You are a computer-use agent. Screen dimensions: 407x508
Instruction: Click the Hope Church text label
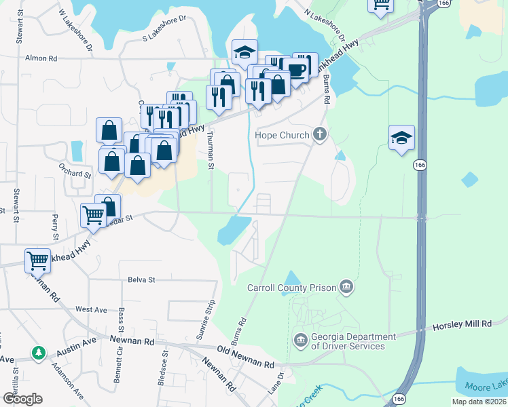tap(282, 135)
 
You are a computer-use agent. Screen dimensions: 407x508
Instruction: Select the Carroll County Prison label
tap(292, 288)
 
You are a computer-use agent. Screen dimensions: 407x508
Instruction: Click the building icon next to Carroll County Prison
tap(346, 288)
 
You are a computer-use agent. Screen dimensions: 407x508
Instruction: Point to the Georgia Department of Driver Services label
tap(353, 341)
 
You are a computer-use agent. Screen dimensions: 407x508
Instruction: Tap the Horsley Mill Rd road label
tap(462, 326)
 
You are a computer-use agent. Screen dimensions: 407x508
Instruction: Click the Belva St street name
tap(141, 279)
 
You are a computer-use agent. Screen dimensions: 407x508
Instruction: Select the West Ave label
tap(91, 309)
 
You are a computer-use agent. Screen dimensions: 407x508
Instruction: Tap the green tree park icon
tap(39, 353)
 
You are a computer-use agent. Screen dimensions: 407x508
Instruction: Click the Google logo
tap(22, 399)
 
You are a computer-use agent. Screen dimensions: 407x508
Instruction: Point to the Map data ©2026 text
tap(478, 402)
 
